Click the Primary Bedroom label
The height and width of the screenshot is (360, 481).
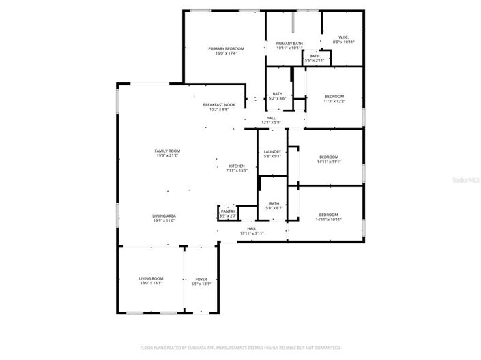tap(226, 49)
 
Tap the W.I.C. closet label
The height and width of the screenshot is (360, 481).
tap(343, 37)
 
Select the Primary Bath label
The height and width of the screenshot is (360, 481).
tap(289, 44)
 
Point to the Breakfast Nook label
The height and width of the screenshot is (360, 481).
tap(219, 105)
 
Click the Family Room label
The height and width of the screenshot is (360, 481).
tap(167, 151)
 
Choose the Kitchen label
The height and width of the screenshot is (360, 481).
tap(237, 166)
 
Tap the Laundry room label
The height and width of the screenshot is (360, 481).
tap(272, 151)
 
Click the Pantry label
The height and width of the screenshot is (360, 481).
tap(229, 211)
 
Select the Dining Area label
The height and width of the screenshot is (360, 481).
tap(164, 216)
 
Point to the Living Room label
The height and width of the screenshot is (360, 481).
tap(151, 279)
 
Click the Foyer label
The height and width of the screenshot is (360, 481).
tap(201, 279)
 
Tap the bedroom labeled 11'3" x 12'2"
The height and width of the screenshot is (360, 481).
tap(334, 96)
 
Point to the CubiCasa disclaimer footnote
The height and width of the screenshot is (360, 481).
tap(240, 347)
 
